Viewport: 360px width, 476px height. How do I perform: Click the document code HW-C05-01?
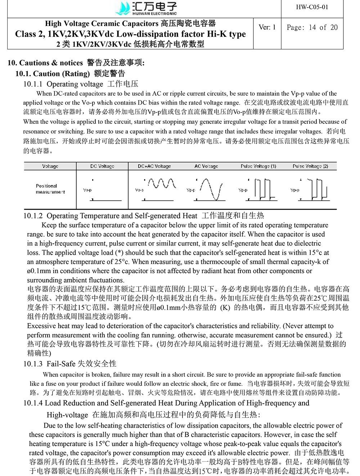(x=312, y=7)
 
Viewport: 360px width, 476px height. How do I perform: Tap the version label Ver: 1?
(x=267, y=27)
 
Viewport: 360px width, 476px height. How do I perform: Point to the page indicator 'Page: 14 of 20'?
(x=312, y=27)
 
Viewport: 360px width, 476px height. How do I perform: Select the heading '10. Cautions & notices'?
(x=45, y=63)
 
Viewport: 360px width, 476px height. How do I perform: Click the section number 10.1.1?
(x=33, y=84)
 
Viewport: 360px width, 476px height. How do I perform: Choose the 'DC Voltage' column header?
(x=102, y=166)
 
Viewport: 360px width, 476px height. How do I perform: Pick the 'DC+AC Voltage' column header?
(x=154, y=166)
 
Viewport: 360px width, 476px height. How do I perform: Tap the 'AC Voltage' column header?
(x=206, y=166)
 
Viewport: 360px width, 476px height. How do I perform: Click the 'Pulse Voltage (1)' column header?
(x=258, y=166)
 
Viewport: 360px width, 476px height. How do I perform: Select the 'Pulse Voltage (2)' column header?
(x=310, y=166)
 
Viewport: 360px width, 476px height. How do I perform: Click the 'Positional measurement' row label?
(x=50, y=189)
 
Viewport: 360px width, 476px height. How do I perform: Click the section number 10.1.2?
(x=33, y=216)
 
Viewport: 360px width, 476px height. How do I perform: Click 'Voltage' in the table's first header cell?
(x=50, y=166)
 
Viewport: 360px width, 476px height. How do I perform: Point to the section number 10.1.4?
(x=33, y=403)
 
